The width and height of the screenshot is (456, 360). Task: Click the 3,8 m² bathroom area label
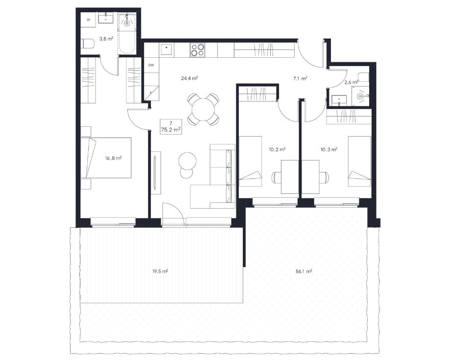(x=106, y=38)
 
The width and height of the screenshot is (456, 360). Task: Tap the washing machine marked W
(x=88, y=20)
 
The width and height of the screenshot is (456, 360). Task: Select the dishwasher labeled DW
(x=151, y=65)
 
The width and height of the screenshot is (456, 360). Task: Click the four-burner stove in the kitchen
(x=198, y=49)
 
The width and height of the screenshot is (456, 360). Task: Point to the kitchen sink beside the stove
(x=166, y=49)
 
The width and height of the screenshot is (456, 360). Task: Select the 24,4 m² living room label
(x=189, y=78)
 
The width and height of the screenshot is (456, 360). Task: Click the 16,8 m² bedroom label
(x=113, y=158)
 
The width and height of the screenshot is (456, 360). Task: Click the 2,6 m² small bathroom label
(x=351, y=82)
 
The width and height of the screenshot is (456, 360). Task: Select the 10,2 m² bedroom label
(x=277, y=150)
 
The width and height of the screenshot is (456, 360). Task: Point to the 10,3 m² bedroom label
(x=329, y=150)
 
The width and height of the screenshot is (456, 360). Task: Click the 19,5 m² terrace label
(x=160, y=271)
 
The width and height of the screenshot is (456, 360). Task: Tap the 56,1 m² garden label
(x=304, y=271)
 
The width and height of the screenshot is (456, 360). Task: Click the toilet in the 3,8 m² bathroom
(x=88, y=44)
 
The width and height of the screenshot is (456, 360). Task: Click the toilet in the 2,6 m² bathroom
(x=363, y=77)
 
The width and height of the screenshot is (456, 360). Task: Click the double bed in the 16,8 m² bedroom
(x=106, y=158)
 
